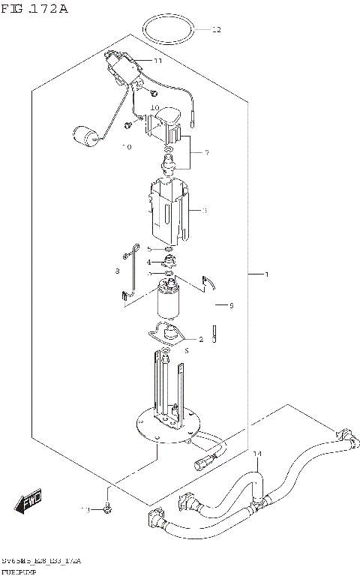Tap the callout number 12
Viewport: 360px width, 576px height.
click(x=217, y=31)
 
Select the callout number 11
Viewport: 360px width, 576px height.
click(x=157, y=61)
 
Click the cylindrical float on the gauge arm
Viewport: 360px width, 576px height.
click(x=86, y=137)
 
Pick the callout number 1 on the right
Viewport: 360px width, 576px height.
click(x=266, y=295)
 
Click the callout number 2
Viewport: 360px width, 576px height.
click(x=200, y=339)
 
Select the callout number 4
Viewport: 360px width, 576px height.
click(x=149, y=262)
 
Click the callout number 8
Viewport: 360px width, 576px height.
click(x=117, y=271)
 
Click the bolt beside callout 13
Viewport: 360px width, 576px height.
click(x=108, y=509)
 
